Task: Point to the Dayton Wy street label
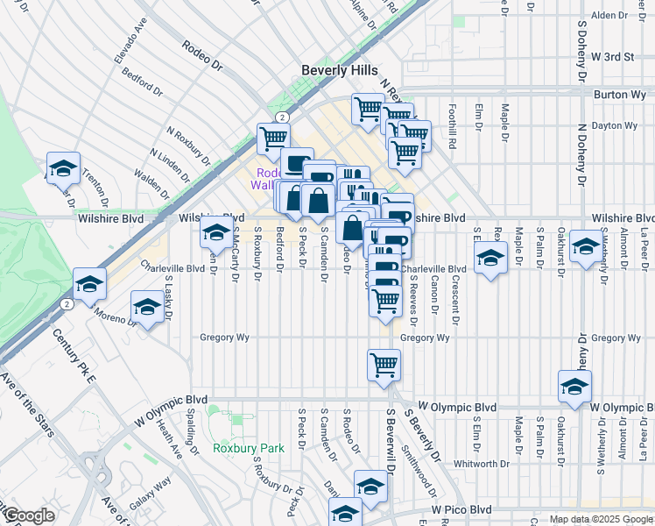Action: [616, 125]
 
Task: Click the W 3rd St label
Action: [612, 56]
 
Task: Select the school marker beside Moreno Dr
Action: [146, 308]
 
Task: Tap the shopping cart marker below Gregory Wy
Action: [384, 365]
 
